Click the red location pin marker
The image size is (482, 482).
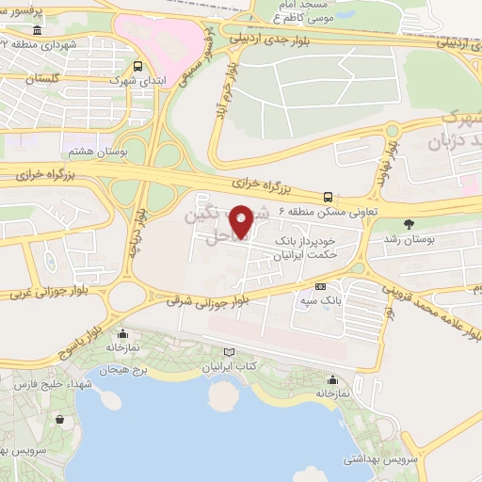(242, 222)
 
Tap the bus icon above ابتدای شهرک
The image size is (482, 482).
(138, 66)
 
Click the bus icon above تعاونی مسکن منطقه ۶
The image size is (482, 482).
(328, 197)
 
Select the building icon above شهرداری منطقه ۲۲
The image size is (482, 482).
(37, 31)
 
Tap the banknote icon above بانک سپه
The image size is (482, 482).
(321, 286)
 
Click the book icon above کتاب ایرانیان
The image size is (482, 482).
(229, 352)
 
